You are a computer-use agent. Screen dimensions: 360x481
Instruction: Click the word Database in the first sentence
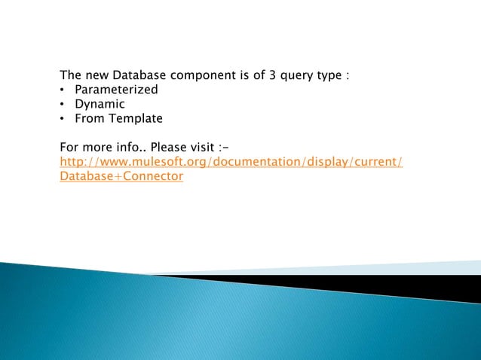click(140, 75)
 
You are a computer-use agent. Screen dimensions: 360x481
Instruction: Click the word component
click(204, 75)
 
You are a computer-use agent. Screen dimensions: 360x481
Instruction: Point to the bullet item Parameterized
click(116, 90)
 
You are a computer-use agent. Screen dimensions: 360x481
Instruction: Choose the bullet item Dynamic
click(100, 104)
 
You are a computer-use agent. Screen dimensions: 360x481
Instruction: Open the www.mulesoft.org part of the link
click(139, 161)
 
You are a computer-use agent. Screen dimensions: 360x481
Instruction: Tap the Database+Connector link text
click(121, 175)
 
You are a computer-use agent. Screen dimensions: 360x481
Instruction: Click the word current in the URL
click(374, 161)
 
